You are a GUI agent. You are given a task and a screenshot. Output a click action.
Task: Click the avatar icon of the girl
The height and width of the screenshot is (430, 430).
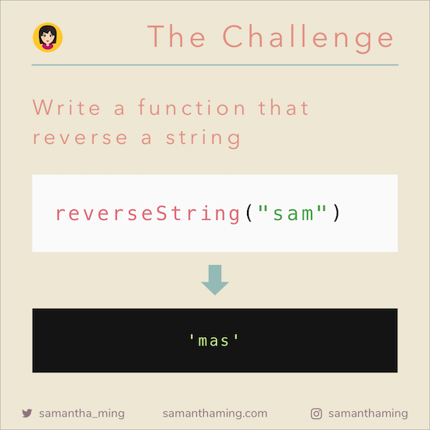[x=48, y=37]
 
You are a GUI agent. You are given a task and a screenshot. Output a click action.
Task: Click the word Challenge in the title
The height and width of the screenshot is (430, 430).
[x=308, y=37]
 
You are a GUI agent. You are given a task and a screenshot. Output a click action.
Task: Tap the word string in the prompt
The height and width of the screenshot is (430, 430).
[x=202, y=138]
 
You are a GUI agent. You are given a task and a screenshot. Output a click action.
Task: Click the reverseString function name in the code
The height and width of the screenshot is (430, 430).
[x=146, y=213]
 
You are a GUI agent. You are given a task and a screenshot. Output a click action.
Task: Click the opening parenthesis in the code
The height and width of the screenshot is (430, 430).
[x=249, y=213]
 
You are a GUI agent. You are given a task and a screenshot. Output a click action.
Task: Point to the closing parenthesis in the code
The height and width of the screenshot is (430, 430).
[x=336, y=213]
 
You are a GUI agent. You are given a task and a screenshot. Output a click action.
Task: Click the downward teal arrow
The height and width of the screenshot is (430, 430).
[x=215, y=279]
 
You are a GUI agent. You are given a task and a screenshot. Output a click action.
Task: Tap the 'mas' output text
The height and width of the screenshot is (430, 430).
[x=214, y=341]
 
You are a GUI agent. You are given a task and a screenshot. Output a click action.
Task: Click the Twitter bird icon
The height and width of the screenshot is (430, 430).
[x=27, y=414]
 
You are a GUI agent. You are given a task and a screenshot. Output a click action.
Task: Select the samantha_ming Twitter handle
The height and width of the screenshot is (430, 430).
[x=81, y=414]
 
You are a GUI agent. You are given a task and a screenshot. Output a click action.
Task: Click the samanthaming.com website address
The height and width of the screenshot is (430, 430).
[x=215, y=414]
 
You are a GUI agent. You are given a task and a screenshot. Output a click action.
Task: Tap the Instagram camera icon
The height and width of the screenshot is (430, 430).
[x=317, y=414]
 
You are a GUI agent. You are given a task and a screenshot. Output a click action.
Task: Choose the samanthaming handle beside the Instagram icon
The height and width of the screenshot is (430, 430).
[x=368, y=414]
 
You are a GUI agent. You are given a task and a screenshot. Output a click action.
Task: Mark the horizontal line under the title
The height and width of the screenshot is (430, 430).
[x=215, y=65]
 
